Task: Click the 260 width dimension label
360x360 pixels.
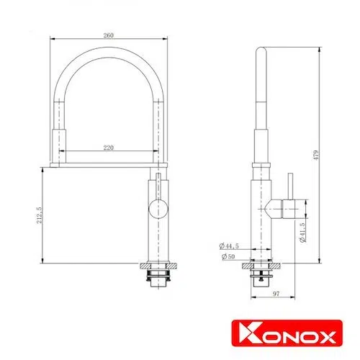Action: [109, 35]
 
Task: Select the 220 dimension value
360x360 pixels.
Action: [109, 148]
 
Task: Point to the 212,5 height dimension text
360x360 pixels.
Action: [40, 215]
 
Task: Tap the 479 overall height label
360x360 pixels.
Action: [317, 156]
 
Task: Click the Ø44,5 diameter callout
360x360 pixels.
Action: [229, 246]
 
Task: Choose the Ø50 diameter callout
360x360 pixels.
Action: [228, 256]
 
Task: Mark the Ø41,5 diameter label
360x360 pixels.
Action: [302, 233]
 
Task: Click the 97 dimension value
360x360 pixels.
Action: [276, 294]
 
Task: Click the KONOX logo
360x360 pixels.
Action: [287, 333]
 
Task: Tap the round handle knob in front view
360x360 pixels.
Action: [158, 209]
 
